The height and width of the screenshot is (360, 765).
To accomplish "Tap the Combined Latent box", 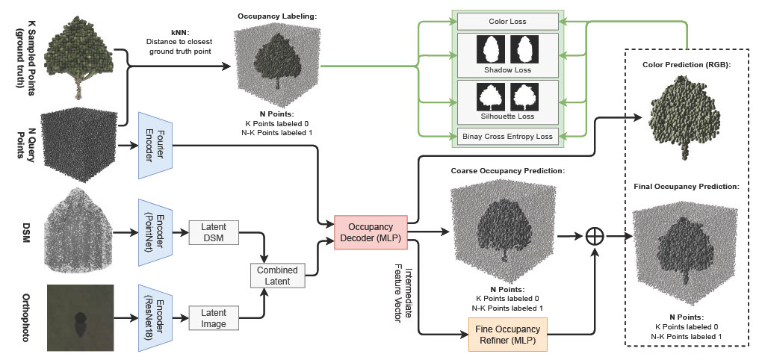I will tap(278, 276).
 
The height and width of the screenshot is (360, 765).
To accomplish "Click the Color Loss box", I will tap(507, 22).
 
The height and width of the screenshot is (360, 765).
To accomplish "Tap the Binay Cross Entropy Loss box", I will tap(507, 136).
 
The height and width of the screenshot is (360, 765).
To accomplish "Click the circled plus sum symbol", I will tap(595, 235).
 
